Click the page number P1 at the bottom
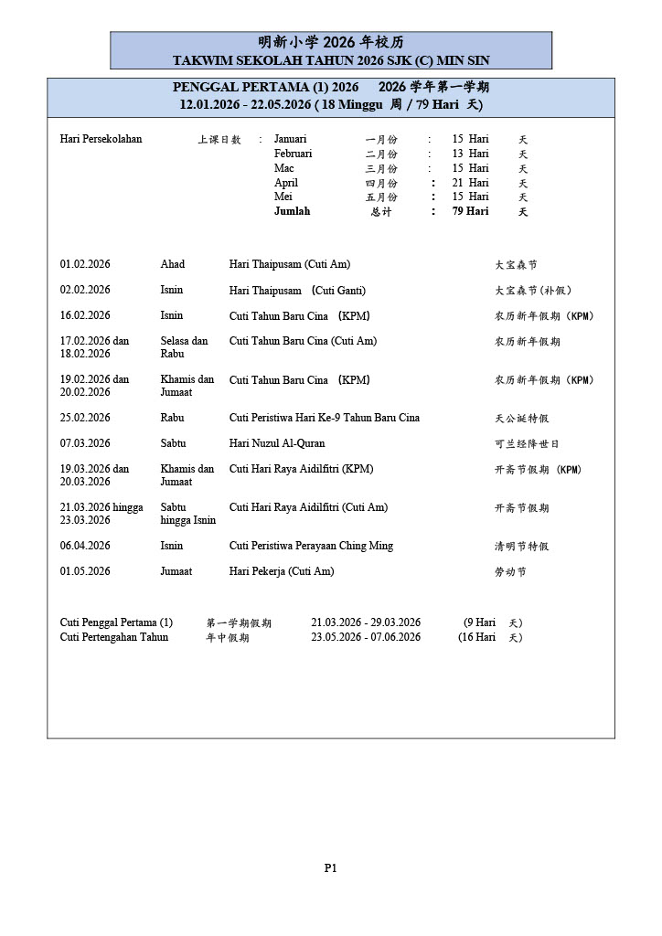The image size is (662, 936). coord(331,868)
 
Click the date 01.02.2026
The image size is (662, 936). coord(85,264)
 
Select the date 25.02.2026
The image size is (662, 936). coord(85,418)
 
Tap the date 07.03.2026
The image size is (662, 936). coord(85,443)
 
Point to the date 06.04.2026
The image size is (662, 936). coord(85,546)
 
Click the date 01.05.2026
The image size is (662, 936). coord(85,571)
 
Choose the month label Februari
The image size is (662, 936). coord(293,154)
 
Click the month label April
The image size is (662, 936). coord(286,183)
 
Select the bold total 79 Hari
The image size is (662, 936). coord(470,211)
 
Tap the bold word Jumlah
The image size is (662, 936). coord(292,211)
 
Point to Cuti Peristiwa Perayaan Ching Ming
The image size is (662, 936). coord(311,546)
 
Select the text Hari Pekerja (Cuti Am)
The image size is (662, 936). coord(282,571)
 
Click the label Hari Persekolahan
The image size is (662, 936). coord(101,139)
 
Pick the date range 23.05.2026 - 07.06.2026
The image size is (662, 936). coord(366,637)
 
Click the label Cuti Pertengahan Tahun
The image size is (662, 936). coord(114,637)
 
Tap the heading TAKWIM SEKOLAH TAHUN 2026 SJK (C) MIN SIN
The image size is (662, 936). coord(331,60)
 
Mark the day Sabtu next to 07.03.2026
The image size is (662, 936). coord(174,443)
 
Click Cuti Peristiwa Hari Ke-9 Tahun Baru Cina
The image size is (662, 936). coord(325,418)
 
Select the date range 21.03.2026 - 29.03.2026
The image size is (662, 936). coord(366,622)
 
